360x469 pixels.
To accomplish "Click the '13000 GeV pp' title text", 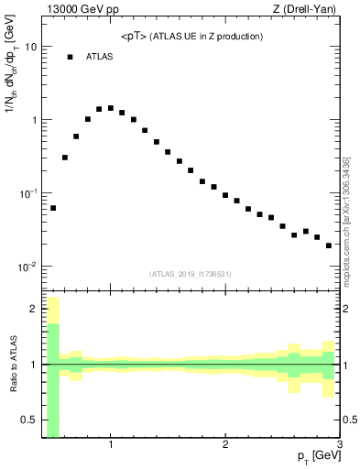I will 82,10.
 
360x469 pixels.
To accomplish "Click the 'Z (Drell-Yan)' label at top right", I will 308,10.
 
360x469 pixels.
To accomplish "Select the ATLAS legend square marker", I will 70,57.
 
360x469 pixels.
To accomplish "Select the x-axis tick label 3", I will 339,445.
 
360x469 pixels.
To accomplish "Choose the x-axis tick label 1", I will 111,445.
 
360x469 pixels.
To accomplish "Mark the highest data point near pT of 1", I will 111,108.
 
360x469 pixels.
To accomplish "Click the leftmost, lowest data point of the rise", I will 53,208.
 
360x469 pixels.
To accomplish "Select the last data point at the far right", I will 329,245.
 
